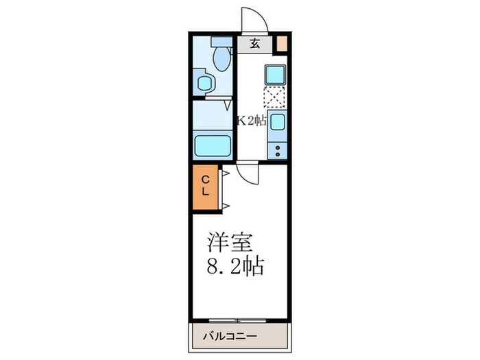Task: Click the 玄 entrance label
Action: [x=254, y=45]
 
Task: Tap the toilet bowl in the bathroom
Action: [x=221, y=60]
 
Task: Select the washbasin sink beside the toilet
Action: [x=204, y=84]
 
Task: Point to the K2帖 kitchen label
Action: [x=252, y=121]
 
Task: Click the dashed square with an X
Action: [x=275, y=97]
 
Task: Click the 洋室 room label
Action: [x=231, y=244]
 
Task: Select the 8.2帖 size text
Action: [x=235, y=266]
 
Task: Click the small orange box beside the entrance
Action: [x=281, y=44]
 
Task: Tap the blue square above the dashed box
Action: [x=276, y=73]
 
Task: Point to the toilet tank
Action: [x=221, y=40]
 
